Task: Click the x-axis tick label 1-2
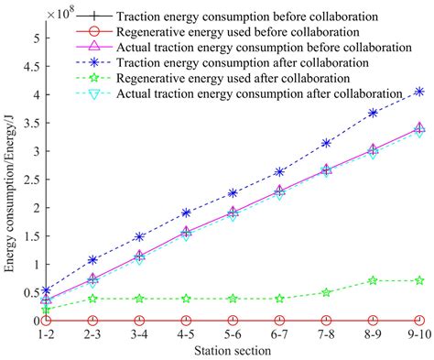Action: [x=47, y=334]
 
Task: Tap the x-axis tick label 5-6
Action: [x=233, y=334]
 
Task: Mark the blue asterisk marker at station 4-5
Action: [x=186, y=213]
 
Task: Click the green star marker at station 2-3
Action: [x=93, y=298]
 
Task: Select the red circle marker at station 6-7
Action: [x=279, y=321]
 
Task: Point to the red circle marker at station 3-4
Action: [x=139, y=321]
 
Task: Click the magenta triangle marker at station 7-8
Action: [x=326, y=169]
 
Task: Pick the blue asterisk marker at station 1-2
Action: [x=47, y=291]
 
